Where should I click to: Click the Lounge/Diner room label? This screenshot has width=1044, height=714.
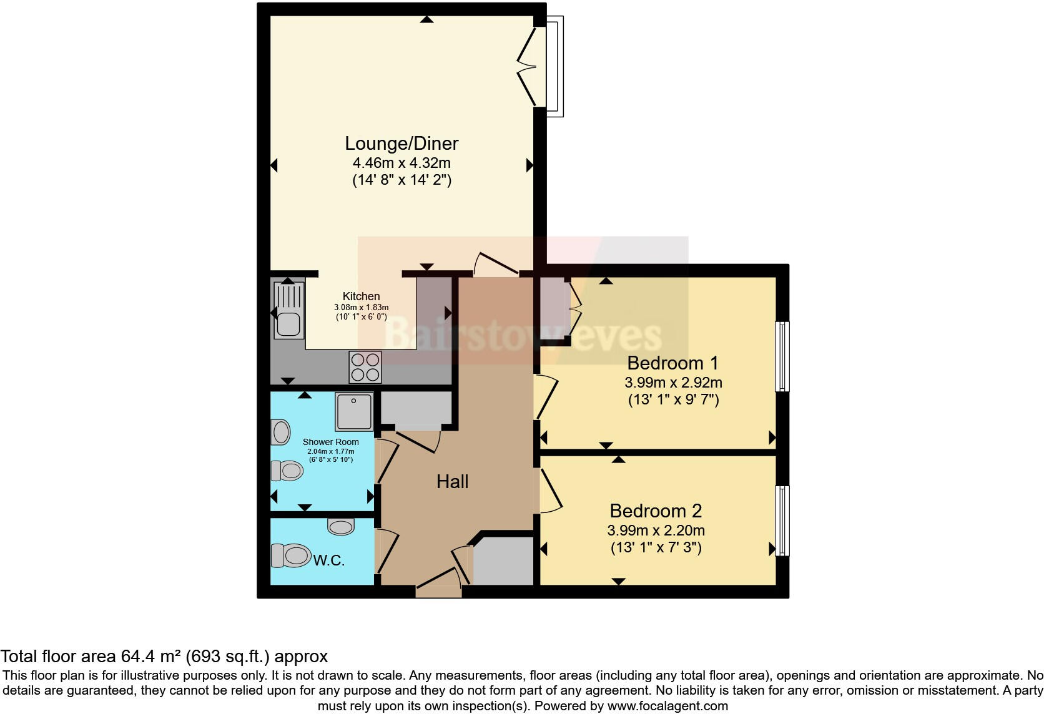tap(401, 144)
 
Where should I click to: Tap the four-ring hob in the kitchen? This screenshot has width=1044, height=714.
tap(365, 367)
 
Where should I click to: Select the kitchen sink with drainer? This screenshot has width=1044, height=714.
tap(288, 310)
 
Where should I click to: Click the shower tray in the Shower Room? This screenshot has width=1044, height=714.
tap(354, 411)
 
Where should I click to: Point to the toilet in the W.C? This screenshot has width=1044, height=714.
tap(292, 555)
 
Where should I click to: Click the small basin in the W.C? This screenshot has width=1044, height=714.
tap(341, 527)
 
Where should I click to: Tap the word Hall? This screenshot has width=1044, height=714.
tap(452, 482)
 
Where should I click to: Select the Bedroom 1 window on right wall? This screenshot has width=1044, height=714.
tap(782, 356)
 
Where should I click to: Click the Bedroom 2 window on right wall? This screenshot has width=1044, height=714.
tap(782, 521)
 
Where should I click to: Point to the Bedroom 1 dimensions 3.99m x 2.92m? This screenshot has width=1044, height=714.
tap(673, 383)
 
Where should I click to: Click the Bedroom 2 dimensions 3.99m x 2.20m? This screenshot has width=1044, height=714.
tap(656, 531)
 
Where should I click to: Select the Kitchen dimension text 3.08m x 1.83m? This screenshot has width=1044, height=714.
tap(361, 308)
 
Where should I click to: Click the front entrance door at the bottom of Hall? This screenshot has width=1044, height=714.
tap(439, 580)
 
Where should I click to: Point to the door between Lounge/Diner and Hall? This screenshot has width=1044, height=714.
tap(496, 265)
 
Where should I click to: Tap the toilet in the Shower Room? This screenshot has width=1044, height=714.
tap(288, 471)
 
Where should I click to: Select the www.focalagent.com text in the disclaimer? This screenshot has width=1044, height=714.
tap(667, 706)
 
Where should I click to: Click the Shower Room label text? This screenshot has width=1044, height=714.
tap(330, 442)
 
